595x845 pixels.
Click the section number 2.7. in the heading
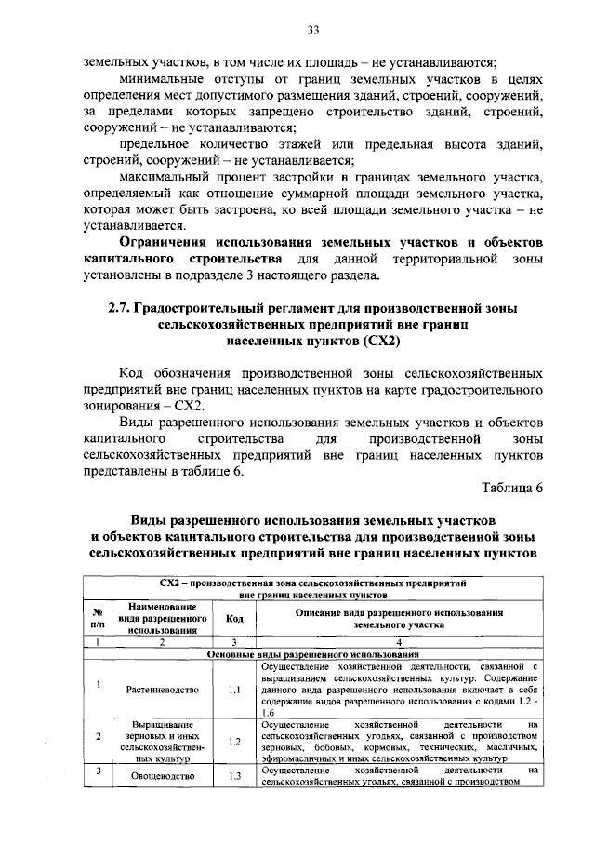123,308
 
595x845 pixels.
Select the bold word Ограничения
171,242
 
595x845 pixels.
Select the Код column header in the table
234,619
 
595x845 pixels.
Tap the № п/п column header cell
97,619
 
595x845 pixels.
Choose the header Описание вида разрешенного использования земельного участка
399,619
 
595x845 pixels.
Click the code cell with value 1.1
234,690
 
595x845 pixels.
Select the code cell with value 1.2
234,741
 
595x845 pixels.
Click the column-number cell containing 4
399,642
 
